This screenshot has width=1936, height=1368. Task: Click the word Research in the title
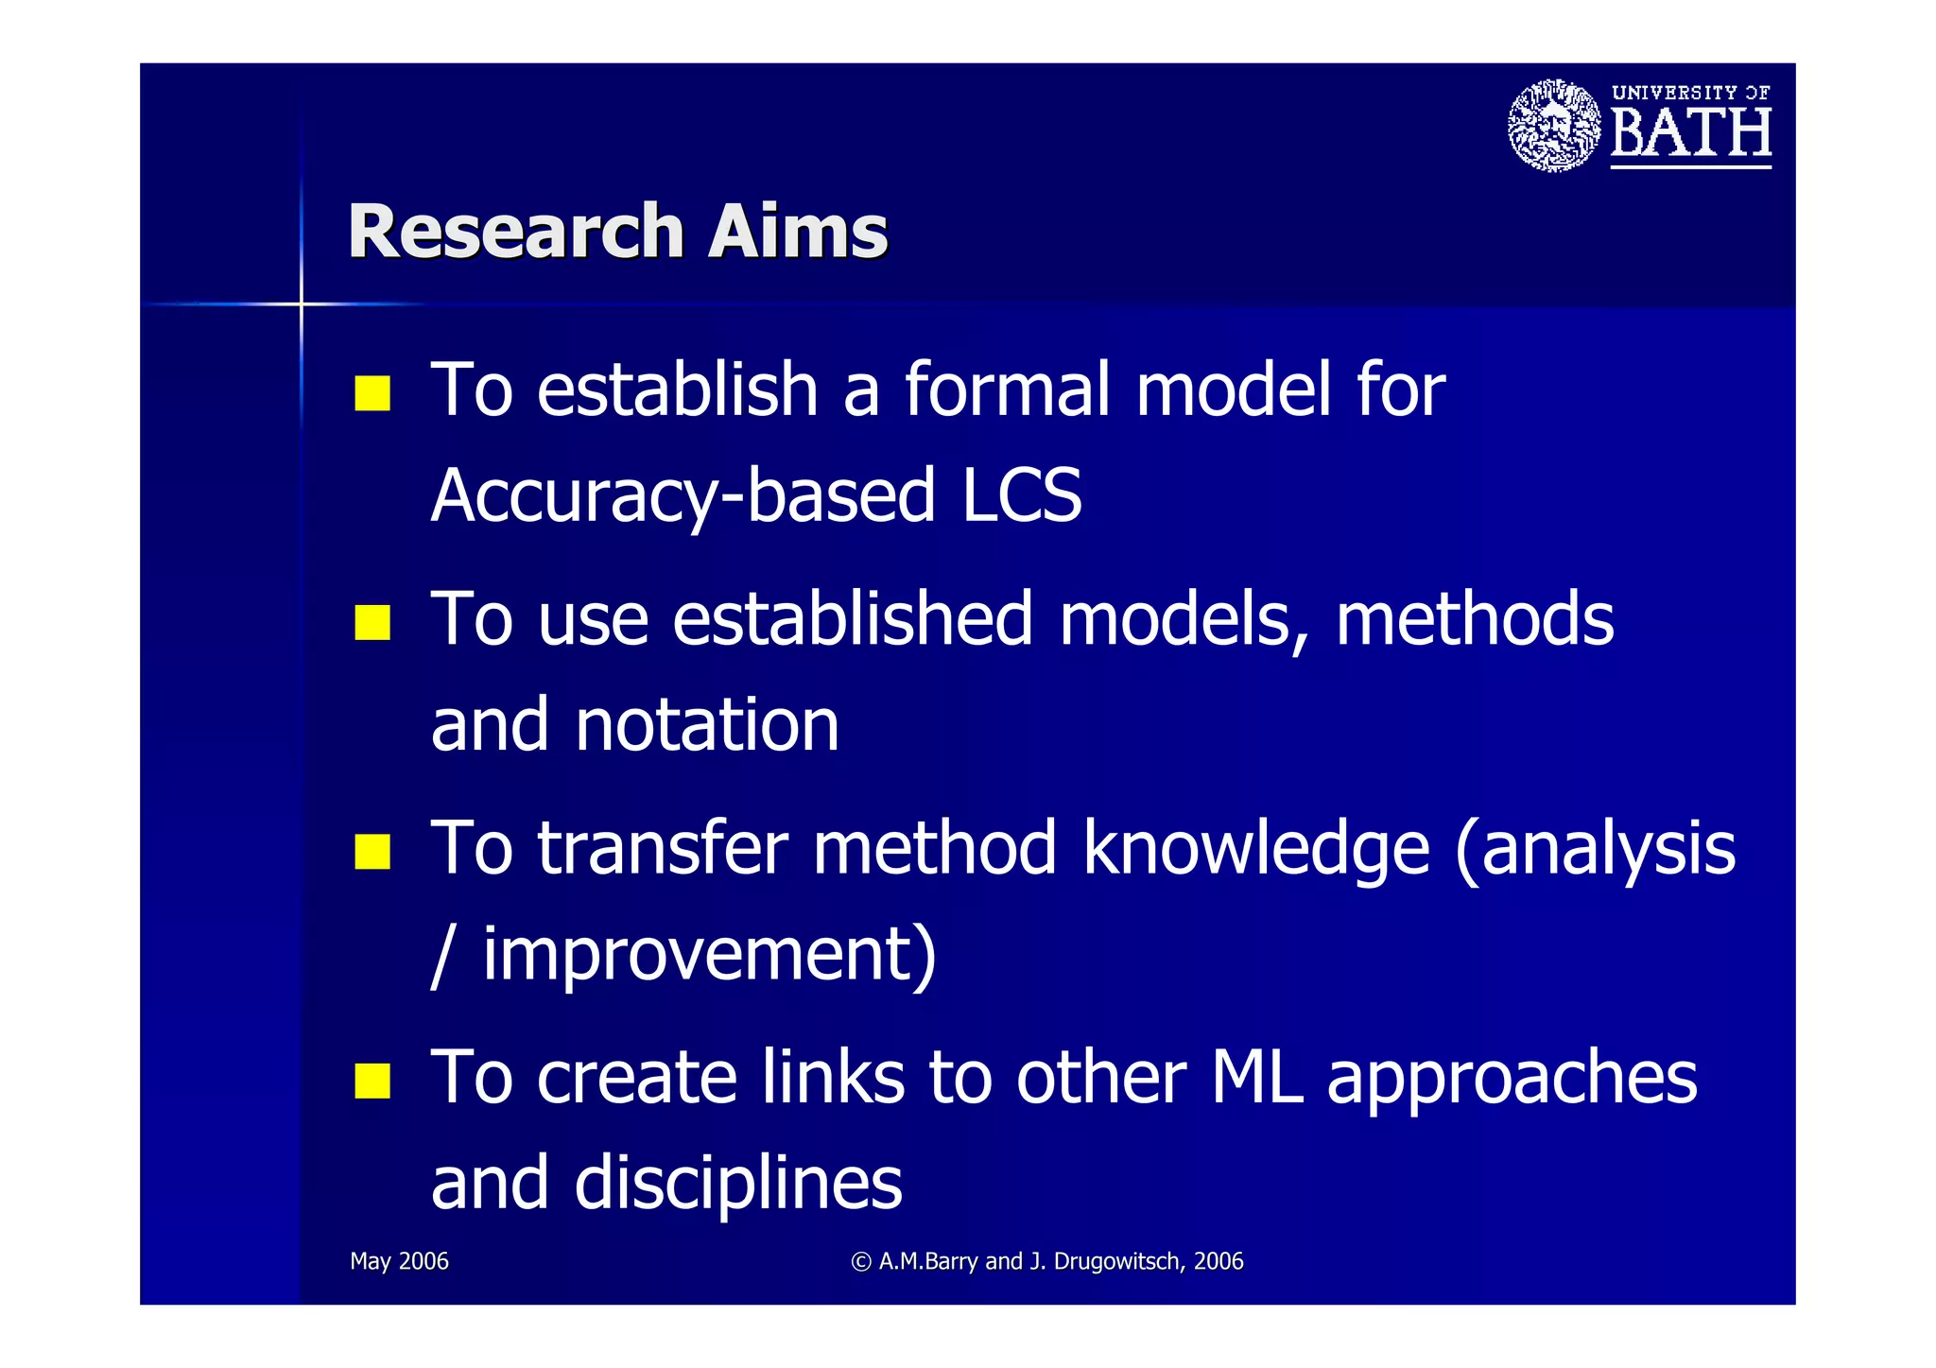tap(515, 232)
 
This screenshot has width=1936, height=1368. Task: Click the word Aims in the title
tap(798, 232)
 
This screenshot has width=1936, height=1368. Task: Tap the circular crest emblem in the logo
tap(1553, 126)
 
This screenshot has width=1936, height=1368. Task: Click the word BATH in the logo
tap(1690, 133)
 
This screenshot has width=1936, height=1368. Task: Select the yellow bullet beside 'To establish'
tap(372, 393)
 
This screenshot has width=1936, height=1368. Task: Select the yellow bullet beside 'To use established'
tap(372, 623)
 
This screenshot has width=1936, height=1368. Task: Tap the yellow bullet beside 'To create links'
tap(372, 1081)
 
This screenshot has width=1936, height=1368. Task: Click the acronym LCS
tap(1021, 495)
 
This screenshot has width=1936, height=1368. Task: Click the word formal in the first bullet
tap(1008, 390)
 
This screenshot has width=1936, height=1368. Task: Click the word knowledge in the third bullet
tap(1256, 850)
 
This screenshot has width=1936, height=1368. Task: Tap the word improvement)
tap(709, 955)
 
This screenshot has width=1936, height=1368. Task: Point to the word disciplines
tap(737, 1184)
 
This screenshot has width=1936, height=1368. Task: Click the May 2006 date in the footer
tap(399, 1261)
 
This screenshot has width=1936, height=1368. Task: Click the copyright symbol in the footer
tap(860, 1262)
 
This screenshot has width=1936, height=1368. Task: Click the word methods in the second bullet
tap(1475, 619)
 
